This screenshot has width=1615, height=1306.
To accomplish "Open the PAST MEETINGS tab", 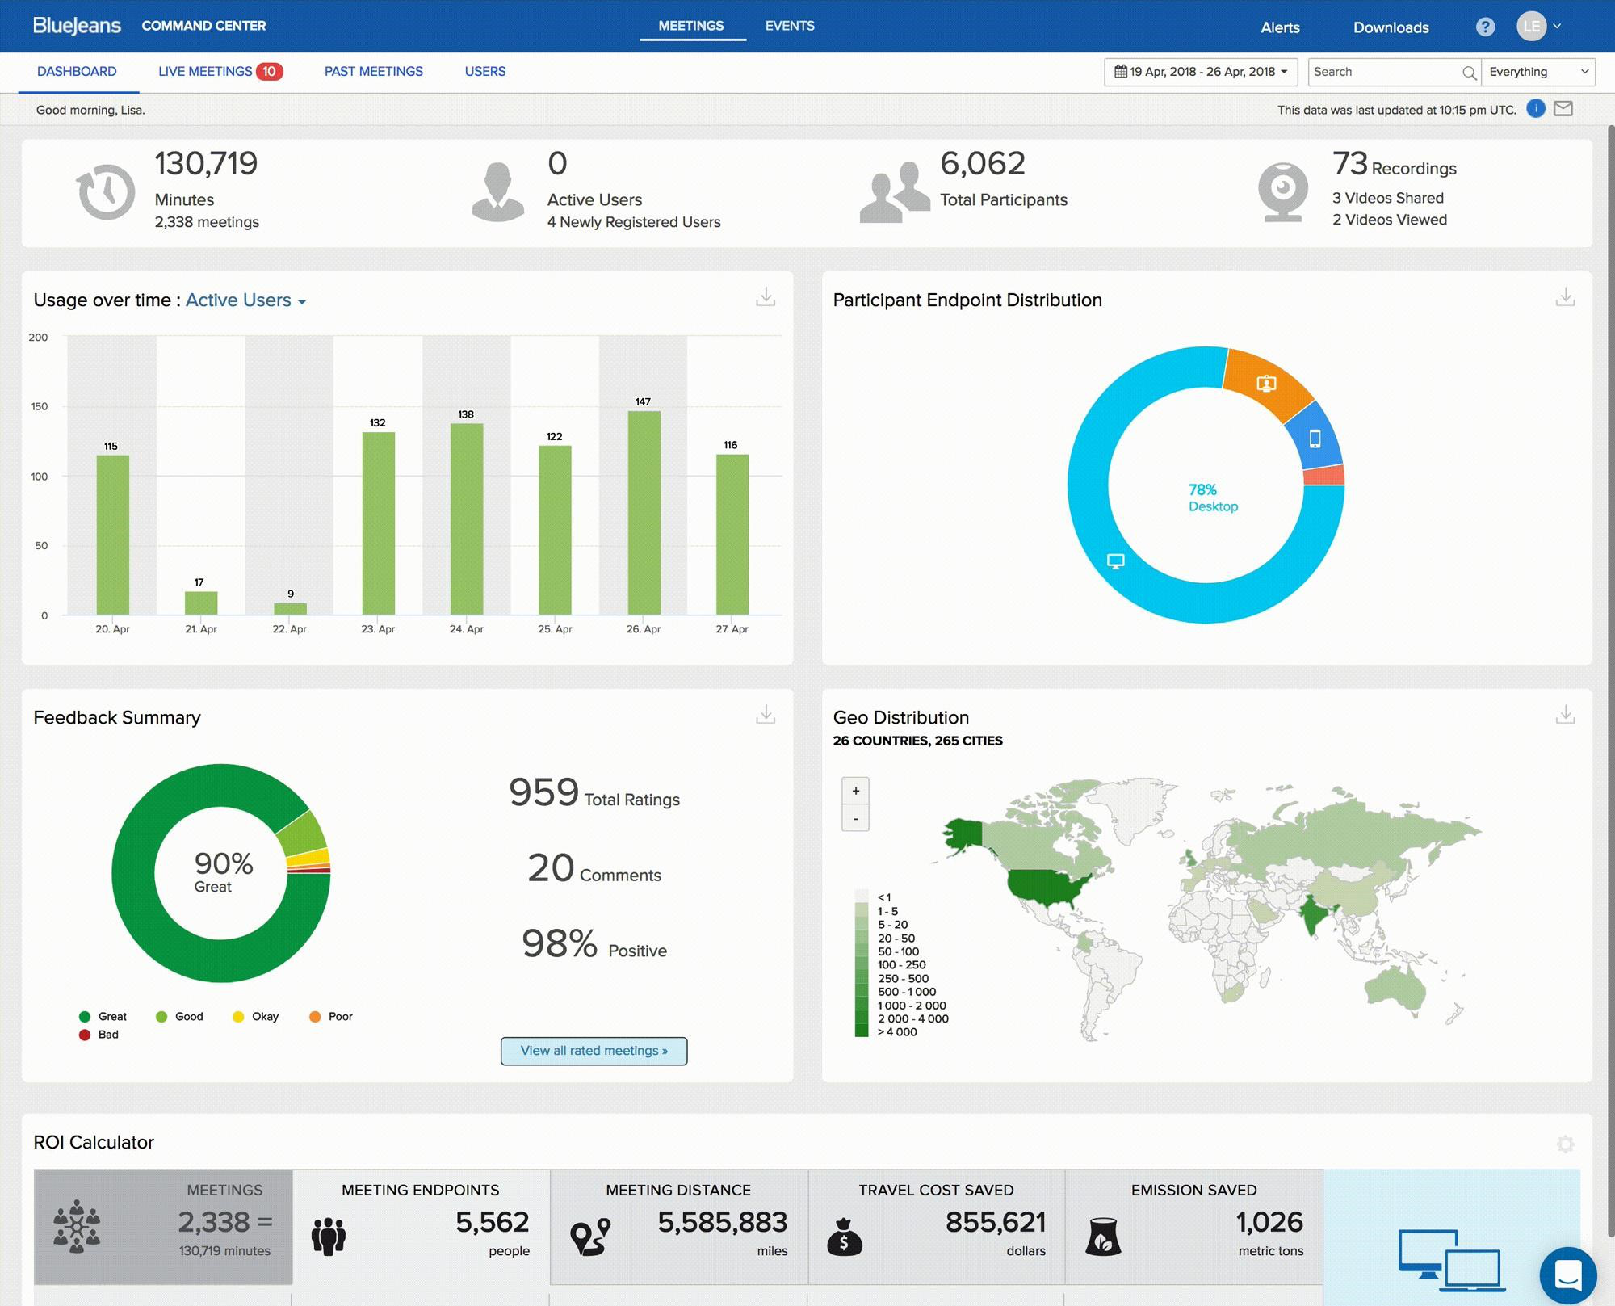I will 373,72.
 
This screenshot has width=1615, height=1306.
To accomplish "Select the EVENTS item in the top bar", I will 789,26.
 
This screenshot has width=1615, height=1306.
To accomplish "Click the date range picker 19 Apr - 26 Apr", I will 1200,72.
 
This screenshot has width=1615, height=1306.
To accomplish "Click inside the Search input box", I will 1384,72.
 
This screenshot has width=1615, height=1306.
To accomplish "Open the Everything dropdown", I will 1537,72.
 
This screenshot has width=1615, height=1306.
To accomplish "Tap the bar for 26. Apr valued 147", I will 644,513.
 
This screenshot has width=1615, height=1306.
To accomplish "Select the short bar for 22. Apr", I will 290,609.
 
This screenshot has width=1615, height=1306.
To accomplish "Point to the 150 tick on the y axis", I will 39,407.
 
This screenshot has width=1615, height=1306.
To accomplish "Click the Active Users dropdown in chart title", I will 245,300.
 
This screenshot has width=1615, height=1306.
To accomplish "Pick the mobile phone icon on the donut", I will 1315,439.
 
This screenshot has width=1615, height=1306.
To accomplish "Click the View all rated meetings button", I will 594,1051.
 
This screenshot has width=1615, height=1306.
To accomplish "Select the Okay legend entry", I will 256,1017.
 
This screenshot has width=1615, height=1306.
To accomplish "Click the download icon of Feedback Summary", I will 765,715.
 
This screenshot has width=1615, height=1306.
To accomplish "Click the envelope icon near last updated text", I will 1563,109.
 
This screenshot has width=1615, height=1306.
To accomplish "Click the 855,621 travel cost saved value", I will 995,1222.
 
